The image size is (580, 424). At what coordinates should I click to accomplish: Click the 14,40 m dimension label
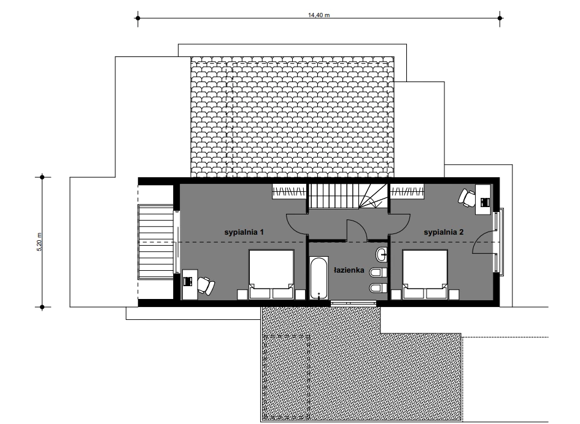point(319,15)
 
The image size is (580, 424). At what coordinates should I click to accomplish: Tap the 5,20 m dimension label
point(39,242)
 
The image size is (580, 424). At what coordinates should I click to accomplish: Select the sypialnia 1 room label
point(244,232)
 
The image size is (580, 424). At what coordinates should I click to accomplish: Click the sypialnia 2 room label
point(444,232)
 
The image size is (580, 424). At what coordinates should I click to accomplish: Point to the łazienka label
point(349,270)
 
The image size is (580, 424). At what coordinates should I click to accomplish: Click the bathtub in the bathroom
point(319,278)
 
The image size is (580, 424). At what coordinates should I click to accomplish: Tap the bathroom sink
point(382,254)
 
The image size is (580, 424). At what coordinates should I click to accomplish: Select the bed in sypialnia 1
point(271,274)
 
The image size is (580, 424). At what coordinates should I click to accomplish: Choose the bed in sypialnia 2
point(425,274)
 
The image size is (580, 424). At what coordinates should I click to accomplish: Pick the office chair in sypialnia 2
point(467,197)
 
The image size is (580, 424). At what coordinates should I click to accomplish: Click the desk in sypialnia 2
point(484,200)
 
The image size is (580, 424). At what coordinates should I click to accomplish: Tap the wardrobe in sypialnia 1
point(289,191)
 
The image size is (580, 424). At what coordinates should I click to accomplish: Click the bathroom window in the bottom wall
point(354,303)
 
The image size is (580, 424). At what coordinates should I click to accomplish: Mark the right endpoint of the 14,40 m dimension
point(500,18)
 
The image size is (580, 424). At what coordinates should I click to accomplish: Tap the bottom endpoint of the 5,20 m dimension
point(42,307)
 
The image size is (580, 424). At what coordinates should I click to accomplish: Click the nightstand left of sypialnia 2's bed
point(396,294)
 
